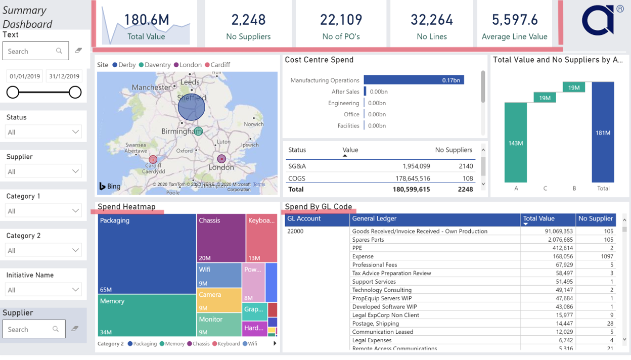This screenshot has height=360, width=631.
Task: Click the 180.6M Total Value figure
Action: click(147, 20)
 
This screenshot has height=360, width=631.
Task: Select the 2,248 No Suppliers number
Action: click(248, 20)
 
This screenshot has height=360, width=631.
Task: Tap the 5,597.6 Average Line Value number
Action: click(514, 20)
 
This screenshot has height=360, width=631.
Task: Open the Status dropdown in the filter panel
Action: click(43, 132)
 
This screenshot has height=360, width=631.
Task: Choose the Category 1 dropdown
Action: click(43, 211)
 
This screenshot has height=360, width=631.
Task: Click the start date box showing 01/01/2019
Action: click(25, 76)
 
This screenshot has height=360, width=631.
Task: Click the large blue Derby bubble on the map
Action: click(191, 107)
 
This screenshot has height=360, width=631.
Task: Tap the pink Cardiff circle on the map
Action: click(153, 160)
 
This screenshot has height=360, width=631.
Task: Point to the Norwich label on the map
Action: click(253, 124)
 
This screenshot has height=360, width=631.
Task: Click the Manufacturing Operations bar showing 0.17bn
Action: click(413, 80)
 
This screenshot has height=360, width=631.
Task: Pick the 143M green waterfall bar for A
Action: click(515, 143)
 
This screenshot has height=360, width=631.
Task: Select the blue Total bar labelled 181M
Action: click(603, 132)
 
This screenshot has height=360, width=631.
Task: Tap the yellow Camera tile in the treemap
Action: click(219, 300)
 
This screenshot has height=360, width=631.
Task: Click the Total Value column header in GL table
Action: click(539, 219)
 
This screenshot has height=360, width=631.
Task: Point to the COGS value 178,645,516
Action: click(411, 178)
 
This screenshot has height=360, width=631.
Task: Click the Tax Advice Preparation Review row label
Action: click(391, 273)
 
